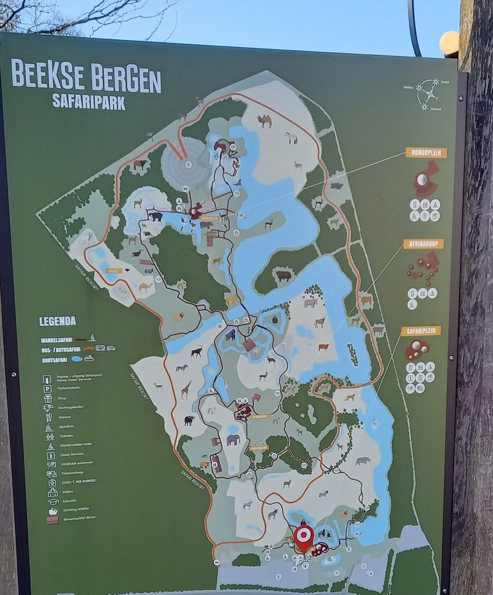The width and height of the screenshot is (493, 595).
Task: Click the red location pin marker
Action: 303,537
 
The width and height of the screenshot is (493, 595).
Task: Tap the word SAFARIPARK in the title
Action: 88,102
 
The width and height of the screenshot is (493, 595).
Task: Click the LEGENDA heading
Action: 57,321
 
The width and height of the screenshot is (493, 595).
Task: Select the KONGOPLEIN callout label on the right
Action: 426,153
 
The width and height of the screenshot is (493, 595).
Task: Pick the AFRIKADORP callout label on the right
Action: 423,244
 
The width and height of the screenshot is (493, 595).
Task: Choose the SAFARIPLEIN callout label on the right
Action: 421,331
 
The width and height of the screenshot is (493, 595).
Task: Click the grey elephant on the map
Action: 234,440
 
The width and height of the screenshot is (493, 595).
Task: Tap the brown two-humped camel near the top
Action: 265,121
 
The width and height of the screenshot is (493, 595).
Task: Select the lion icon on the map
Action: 180,316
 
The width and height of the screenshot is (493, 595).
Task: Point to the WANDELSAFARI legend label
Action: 57,340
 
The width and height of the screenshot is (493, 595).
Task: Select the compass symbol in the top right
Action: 427,93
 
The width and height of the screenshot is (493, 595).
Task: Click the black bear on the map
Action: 156,217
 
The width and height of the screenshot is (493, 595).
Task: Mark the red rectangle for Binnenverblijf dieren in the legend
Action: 52,519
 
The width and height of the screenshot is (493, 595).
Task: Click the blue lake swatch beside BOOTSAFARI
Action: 77,359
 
